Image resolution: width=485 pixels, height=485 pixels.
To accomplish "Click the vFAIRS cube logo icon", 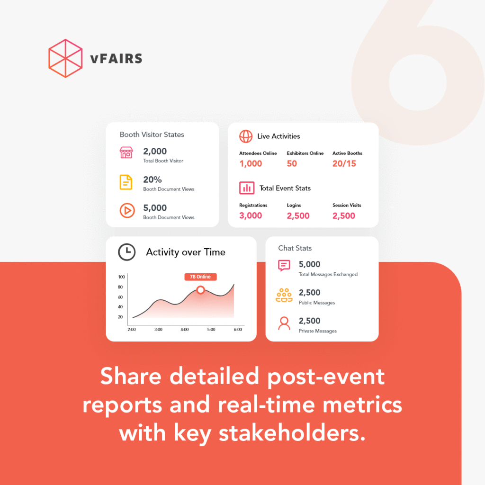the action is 65,58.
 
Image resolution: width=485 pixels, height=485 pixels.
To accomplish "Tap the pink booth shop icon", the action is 126,153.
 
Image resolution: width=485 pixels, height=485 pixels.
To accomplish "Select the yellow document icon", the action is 126,182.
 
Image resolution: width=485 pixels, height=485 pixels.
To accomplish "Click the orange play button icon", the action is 127,210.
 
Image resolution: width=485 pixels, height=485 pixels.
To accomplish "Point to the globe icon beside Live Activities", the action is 246,136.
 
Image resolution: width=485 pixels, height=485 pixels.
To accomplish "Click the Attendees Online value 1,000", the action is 251,163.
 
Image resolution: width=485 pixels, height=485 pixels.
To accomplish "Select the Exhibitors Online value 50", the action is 292,163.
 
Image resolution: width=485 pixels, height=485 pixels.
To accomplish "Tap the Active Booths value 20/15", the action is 344,163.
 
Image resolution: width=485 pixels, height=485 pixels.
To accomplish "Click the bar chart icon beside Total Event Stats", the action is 246,188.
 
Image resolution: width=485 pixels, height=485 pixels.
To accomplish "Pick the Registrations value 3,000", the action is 251,216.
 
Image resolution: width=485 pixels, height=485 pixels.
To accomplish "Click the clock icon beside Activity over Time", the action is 126,252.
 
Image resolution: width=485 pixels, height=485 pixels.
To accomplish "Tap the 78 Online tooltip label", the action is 200,277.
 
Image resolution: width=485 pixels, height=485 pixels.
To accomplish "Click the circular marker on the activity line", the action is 200,290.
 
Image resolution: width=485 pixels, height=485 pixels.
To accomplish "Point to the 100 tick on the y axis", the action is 121,277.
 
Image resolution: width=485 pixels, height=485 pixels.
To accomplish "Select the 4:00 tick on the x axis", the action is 185,330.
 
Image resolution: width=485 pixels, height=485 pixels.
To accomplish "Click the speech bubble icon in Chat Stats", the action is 284,265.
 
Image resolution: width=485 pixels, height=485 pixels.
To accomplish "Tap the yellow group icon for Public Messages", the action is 284,295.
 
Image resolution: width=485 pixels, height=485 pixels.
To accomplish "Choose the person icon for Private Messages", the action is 284,323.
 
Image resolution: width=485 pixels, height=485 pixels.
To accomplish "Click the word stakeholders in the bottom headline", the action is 292,433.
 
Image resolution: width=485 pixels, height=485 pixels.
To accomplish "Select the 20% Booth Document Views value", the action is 153,180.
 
